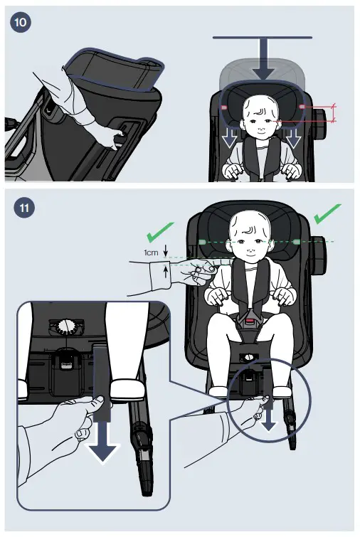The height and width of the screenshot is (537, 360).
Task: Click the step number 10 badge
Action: (x=21, y=22)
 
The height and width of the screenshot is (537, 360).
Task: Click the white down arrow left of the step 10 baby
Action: (x=229, y=139)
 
